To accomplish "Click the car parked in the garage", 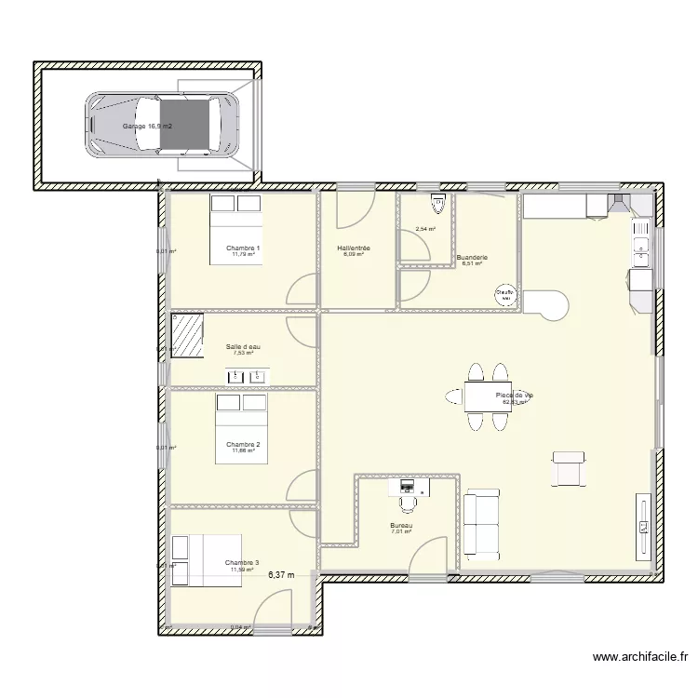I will point(163,125).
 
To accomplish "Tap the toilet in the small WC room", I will point(436,201).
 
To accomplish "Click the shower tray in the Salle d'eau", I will point(187,335).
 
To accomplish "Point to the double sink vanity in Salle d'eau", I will point(248,376).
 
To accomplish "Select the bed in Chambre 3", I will point(207,560).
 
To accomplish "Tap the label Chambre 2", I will point(243,444).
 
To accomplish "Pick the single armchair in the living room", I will point(569,468).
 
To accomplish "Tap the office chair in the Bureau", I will point(407,503).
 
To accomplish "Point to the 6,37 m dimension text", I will point(281,575).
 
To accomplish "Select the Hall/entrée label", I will point(353,248).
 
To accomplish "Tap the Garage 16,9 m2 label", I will point(148,125).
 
